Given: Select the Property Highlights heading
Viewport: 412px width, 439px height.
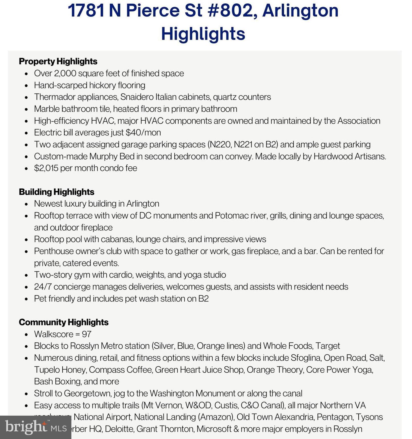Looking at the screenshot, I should [x=58, y=61].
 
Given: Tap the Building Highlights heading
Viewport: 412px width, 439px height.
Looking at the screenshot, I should [x=57, y=192].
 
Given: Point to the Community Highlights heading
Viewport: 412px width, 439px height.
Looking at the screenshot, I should [x=63, y=322].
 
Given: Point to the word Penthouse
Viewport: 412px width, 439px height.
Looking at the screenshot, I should [x=54, y=251].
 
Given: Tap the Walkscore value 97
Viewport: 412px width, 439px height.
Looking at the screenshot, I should [x=87, y=334].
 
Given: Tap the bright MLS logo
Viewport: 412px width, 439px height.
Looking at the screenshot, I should [x=35, y=427].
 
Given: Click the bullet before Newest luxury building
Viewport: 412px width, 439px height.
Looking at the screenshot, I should [x=27, y=204].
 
